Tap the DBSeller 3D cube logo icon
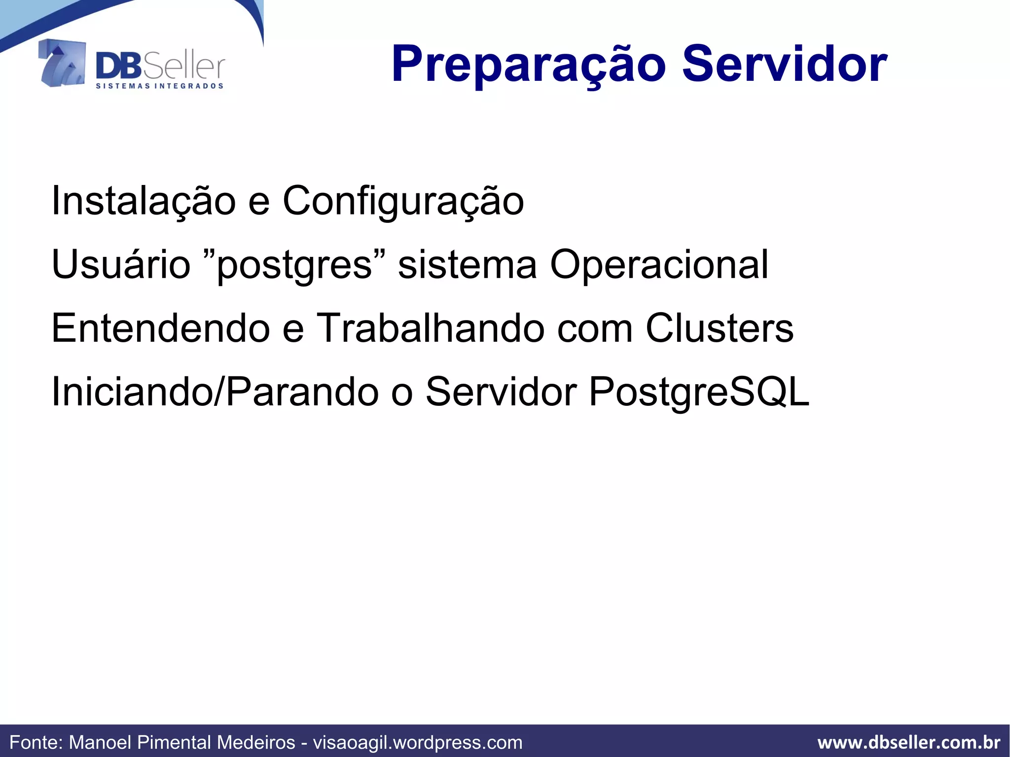pyautogui.click(x=62, y=63)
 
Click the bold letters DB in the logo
pyautogui.click(x=119, y=67)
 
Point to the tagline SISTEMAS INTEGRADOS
pyautogui.click(x=159, y=86)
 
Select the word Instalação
pyautogui.click(x=144, y=201)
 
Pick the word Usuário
pyautogui.click(x=121, y=264)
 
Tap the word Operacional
pyautogui.click(x=659, y=265)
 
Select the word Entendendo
pyautogui.click(x=160, y=328)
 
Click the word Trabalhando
pyautogui.click(x=430, y=328)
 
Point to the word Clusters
pyautogui.click(x=720, y=328)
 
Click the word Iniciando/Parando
pyautogui.click(x=215, y=392)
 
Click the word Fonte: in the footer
pyautogui.click(x=36, y=742)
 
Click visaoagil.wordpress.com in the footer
pyautogui.click(x=418, y=742)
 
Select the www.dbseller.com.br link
pyautogui.click(x=908, y=742)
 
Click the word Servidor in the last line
pyautogui.click(x=501, y=392)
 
